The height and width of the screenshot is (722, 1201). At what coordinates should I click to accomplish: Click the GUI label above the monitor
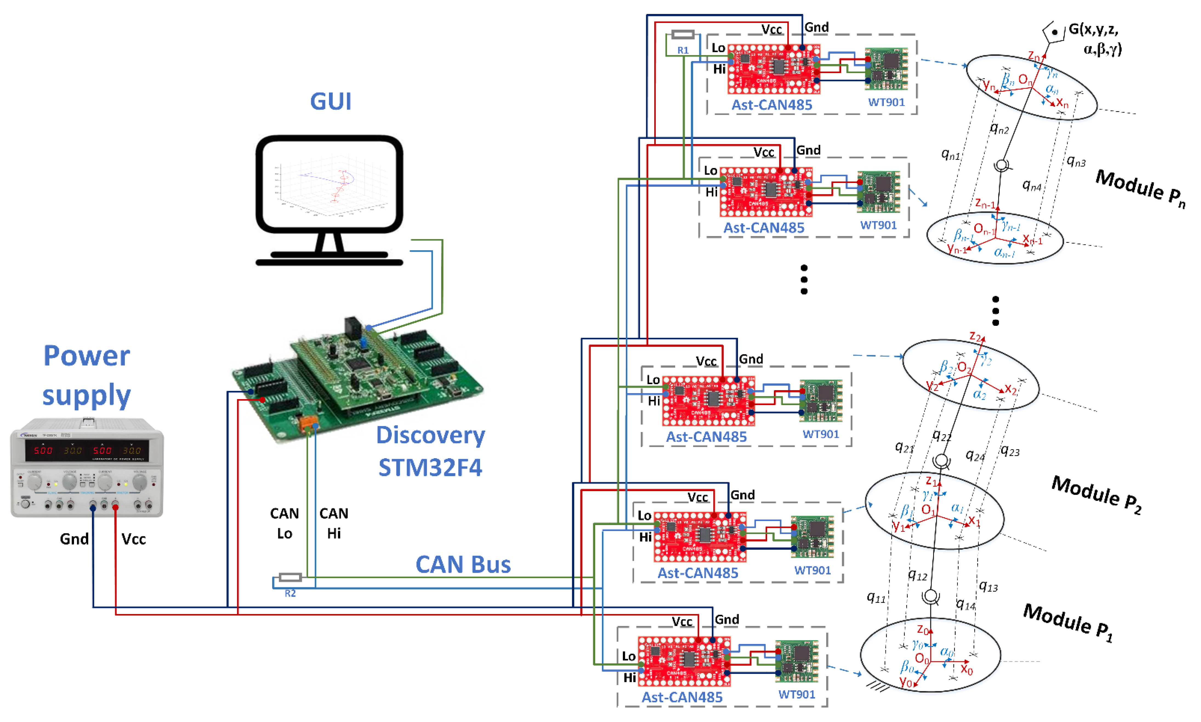tap(330, 101)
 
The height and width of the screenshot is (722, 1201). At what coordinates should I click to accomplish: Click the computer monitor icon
tap(329, 200)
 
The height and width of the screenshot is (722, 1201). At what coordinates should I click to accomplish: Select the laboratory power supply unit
tap(87, 467)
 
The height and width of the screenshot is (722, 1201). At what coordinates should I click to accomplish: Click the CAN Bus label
tap(463, 564)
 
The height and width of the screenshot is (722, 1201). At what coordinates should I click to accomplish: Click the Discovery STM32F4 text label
tap(430, 451)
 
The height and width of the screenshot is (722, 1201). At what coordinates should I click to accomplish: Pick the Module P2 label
tap(1096, 494)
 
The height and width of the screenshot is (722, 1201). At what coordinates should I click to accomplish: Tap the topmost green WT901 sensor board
tap(886, 69)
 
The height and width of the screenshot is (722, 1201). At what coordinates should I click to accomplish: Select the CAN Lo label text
tap(285, 523)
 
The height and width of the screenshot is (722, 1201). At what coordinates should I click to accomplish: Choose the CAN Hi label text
tap(334, 523)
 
